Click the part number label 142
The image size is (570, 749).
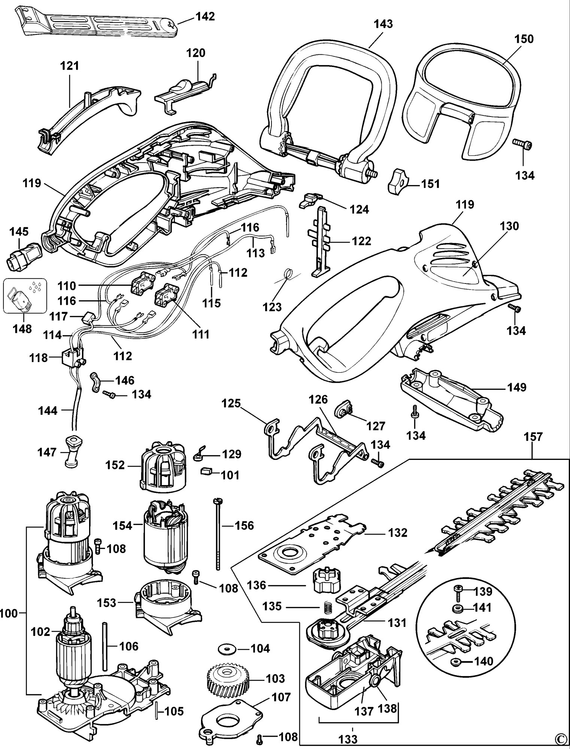204,17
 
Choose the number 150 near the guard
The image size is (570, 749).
524,39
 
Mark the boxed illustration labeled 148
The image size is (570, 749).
25,296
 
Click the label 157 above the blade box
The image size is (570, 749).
533,437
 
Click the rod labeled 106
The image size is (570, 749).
105,646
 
